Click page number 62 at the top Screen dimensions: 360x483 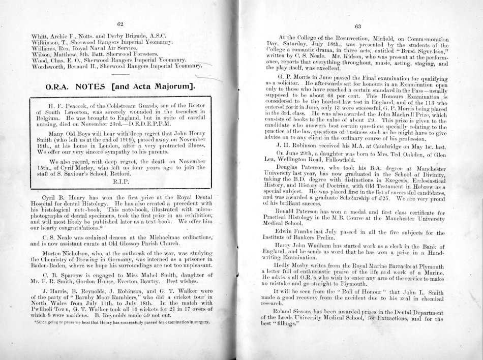pyautogui.click(x=120, y=23)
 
